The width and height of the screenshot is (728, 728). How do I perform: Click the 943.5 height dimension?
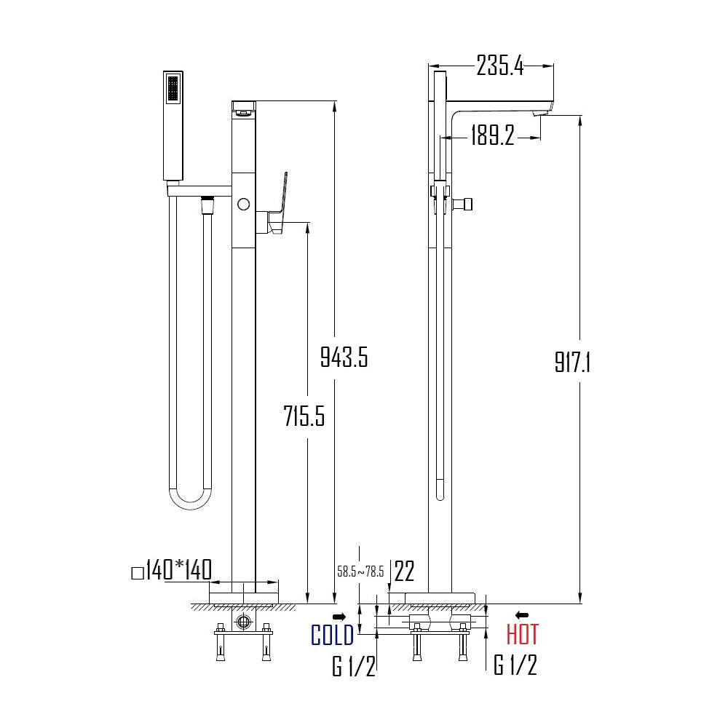(x=344, y=357)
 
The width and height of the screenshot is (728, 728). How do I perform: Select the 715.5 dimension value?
(x=304, y=416)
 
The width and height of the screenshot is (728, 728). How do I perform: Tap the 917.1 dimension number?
(x=572, y=362)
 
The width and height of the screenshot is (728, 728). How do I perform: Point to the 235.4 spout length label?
(x=499, y=66)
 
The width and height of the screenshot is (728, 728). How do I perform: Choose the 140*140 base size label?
(x=177, y=570)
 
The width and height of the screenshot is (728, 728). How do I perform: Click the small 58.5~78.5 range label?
(x=360, y=571)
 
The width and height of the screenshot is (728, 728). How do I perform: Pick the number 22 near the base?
(x=404, y=571)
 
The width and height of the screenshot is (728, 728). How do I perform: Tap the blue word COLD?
(x=332, y=635)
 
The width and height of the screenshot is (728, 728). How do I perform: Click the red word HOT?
(x=522, y=635)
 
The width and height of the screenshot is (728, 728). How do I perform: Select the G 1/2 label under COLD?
(x=354, y=665)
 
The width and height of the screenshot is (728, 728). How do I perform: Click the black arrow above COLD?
(x=339, y=617)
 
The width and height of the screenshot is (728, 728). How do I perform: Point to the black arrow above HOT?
(x=521, y=615)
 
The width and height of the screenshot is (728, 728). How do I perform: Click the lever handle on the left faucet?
(x=280, y=199)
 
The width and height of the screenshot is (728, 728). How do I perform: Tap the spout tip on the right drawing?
(x=542, y=111)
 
